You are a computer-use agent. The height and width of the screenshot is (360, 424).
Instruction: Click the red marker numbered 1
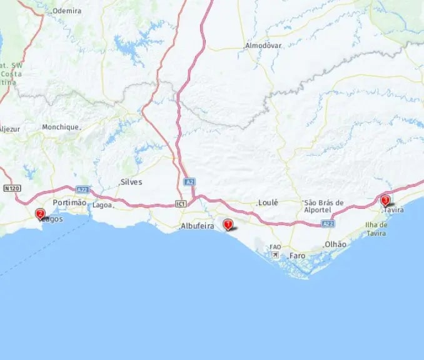(x=228, y=224)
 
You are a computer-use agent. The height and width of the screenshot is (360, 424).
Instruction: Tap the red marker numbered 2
(x=40, y=214)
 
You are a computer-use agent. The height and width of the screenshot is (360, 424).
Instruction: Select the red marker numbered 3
(x=385, y=201)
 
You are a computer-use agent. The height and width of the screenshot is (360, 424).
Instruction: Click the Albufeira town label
(x=197, y=226)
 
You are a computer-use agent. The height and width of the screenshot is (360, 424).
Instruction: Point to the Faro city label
(x=297, y=256)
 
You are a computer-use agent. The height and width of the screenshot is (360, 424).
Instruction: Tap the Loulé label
(x=268, y=203)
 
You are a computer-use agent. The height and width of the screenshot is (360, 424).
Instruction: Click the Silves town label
(x=131, y=182)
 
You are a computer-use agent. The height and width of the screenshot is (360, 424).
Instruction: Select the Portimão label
(x=69, y=202)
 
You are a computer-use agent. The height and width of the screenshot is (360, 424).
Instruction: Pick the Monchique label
(x=61, y=127)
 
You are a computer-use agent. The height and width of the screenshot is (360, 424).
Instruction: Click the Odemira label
(x=67, y=11)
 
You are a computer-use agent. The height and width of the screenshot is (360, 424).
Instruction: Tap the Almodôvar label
(x=263, y=46)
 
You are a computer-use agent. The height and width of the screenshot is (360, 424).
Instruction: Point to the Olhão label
(x=335, y=244)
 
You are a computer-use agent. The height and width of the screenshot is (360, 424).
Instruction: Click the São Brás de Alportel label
(x=323, y=206)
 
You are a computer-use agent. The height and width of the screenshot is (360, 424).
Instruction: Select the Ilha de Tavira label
(x=376, y=229)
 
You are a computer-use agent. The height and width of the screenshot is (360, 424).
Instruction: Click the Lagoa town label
(x=102, y=205)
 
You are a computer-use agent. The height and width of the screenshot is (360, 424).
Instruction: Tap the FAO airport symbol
(x=275, y=248)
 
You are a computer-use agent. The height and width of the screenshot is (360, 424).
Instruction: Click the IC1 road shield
(x=181, y=204)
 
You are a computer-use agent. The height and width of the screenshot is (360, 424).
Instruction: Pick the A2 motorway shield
(x=189, y=181)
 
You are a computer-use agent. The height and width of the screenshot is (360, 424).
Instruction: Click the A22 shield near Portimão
(x=81, y=189)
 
